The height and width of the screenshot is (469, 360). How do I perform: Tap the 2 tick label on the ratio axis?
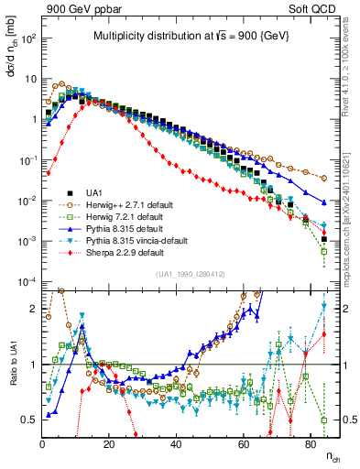(x=33, y=311)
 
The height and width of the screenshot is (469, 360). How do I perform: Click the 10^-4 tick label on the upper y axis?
(x=27, y=281)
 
